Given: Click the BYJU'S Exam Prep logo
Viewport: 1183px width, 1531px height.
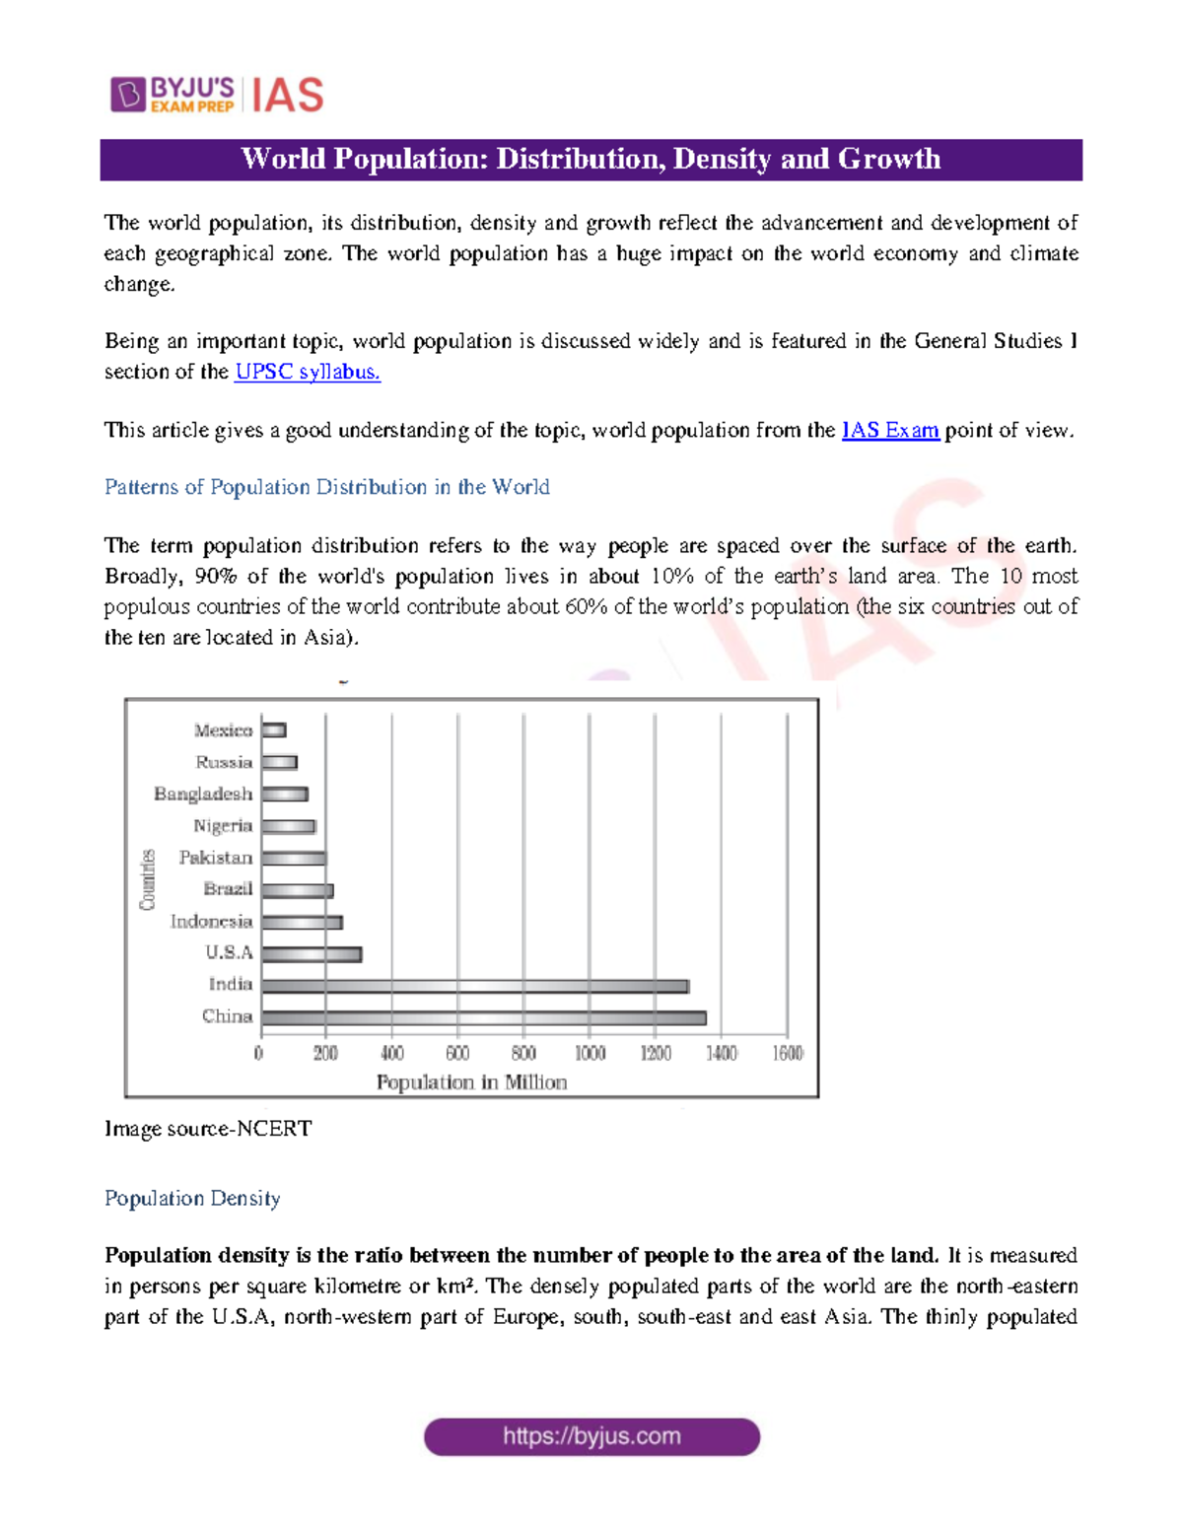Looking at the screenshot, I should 174,95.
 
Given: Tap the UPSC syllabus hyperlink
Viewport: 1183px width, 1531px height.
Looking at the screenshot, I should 308,372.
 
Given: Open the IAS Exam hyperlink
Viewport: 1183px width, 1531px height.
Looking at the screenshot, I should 889,430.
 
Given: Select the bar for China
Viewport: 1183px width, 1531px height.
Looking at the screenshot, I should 483,1017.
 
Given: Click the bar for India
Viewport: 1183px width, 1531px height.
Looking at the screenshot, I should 475,986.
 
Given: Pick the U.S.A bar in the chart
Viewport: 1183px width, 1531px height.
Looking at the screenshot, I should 312,954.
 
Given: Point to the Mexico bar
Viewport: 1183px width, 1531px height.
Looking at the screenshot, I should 274,731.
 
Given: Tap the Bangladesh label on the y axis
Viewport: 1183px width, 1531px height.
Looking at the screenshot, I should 203,794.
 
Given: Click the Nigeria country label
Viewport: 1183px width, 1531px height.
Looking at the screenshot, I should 223,826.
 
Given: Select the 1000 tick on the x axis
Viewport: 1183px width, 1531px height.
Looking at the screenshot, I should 590,1054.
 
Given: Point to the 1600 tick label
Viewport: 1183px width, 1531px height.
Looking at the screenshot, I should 787,1054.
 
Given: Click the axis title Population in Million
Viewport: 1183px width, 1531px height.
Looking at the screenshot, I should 471,1082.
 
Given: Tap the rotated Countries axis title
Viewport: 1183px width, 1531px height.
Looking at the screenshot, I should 148,879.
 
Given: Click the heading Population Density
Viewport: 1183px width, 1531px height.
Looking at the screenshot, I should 192,1198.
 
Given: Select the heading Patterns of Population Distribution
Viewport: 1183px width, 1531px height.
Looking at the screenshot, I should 326,487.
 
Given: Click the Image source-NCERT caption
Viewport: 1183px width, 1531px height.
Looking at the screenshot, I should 208,1129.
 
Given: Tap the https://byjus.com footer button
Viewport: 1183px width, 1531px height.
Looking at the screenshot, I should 591,1436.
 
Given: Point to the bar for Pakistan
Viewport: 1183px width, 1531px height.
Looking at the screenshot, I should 294,859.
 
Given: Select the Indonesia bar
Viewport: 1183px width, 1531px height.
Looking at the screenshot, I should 302,923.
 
